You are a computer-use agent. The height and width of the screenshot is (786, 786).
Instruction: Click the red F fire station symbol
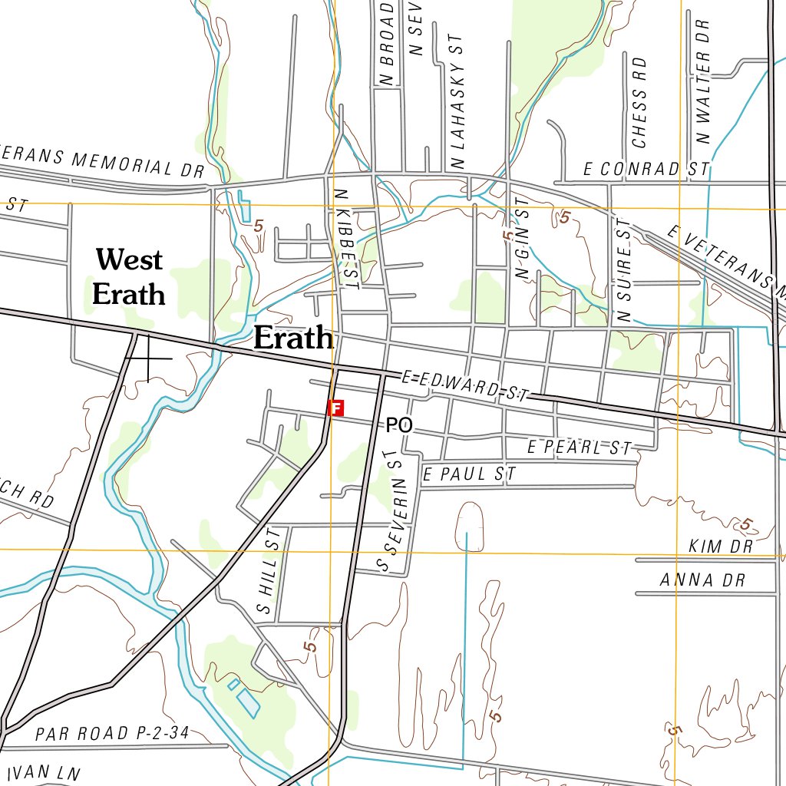[335, 408]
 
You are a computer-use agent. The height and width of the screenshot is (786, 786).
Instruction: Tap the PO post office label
[399, 424]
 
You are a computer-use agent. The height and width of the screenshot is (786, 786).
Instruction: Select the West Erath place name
[128, 276]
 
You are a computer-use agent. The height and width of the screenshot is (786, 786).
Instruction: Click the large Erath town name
[293, 338]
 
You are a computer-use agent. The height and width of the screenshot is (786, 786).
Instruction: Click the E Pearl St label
[580, 447]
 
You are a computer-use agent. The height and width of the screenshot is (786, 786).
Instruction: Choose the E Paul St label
[469, 474]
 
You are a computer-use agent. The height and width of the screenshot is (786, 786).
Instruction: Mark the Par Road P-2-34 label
[112, 733]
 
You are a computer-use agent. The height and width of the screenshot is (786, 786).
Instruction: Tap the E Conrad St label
[646, 170]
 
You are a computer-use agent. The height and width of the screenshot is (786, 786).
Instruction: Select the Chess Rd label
[639, 103]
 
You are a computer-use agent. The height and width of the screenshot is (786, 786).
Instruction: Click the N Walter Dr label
[702, 81]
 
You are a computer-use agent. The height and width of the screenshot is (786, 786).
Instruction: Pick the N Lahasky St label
[458, 101]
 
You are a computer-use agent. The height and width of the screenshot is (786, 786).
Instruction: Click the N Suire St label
[623, 269]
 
